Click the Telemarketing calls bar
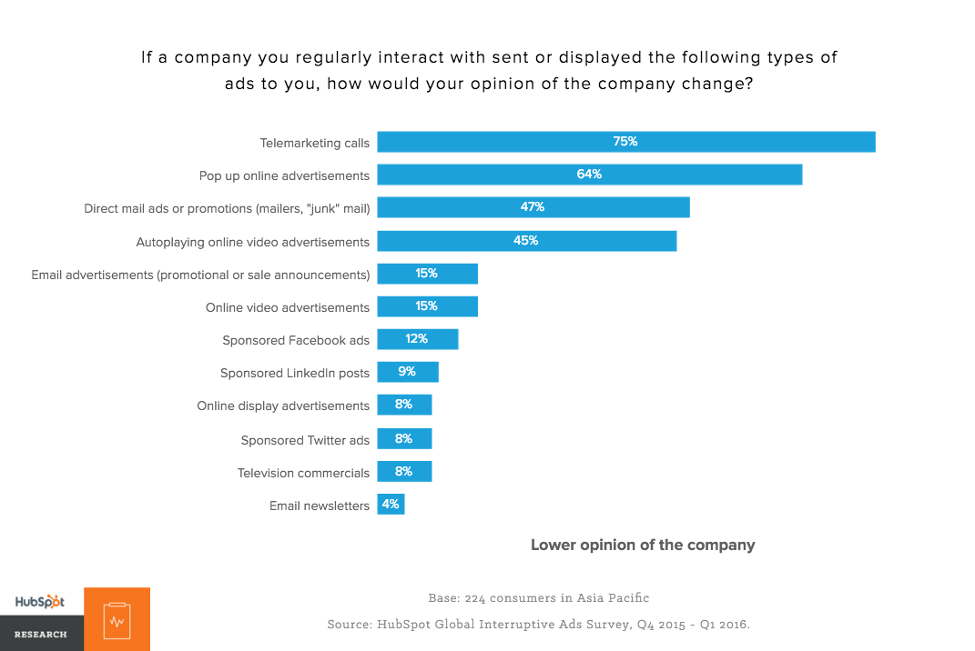pyautogui.click(x=626, y=142)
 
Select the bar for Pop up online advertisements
pyautogui.click(x=589, y=175)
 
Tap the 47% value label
pyautogui.click(x=533, y=207)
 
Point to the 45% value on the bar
pyautogui.click(x=526, y=240)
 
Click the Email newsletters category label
pyautogui.click(x=320, y=506)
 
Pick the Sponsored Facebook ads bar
pyautogui.click(x=417, y=339)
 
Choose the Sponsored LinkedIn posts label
pyautogui.click(x=295, y=374)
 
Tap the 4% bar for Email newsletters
pyautogui.click(x=391, y=504)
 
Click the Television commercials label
pyautogui.click(x=303, y=473)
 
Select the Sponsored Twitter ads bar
pyautogui.click(x=404, y=439)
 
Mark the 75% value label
pyautogui.click(x=625, y=142)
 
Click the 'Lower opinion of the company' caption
pyautogui.click(x=643, y=546)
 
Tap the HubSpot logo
pyautogui.click(x=40, y=602)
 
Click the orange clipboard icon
pyautogui.click(x=117, y=619)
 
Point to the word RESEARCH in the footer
pyautogui.click(x=40, y=634)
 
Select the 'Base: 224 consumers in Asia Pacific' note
pyautogui.click(x=539, y=598)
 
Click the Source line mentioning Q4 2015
pyautogui.click(x=539, y=625)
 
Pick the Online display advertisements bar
pyautogui.click(x=404, y=405)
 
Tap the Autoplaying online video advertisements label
pyautogui.click(x=253, y=242)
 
